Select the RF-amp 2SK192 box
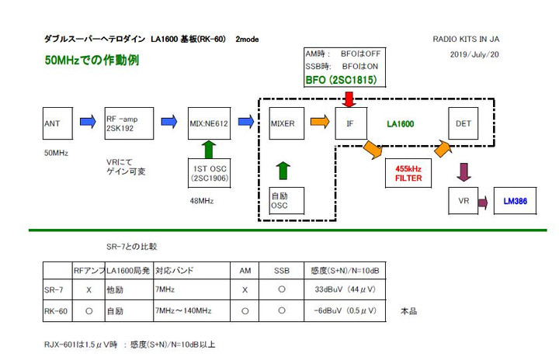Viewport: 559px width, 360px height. (x=125, y=123)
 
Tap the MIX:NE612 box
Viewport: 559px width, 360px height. (x=209, y=123)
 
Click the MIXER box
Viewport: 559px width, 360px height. (x=286, y=123)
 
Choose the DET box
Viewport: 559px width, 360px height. (x=464, y=123)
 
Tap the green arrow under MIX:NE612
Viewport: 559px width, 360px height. (x=208, y=148)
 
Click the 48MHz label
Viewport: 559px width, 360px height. (x=200, y=202)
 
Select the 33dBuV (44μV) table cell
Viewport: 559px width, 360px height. (x=339, y=289)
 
